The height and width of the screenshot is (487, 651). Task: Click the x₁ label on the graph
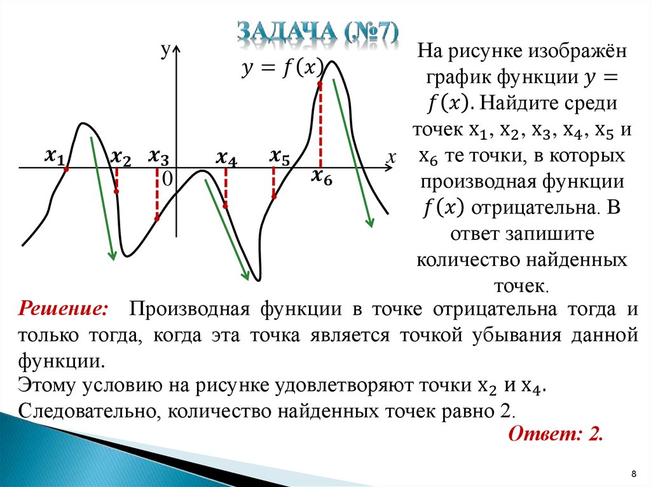[55, 157]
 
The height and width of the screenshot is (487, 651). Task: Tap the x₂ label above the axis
[121, 158]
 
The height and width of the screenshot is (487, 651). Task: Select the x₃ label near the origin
[158, 157]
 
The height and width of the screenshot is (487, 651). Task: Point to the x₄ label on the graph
[226, 159]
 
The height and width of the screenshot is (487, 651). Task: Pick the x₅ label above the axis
[280, 157]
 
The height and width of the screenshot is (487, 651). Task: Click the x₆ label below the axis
[322, 177]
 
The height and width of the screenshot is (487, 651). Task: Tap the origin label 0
[167, 180]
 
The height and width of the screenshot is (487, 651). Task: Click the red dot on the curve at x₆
[320, 84]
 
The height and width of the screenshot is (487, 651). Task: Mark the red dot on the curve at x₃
[157, 218]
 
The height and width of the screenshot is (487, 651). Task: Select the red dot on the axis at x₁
[66, 169]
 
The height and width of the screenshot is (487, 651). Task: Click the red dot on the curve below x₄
[226, 206]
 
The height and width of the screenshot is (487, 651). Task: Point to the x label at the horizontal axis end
[391, 157]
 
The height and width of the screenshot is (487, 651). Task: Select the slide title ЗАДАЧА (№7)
[318, 32]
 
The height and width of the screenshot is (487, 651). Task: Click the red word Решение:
[64, 309]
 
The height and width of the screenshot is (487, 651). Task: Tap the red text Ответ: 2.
[556, 434]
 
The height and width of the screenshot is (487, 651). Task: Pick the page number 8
[634, 474]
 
